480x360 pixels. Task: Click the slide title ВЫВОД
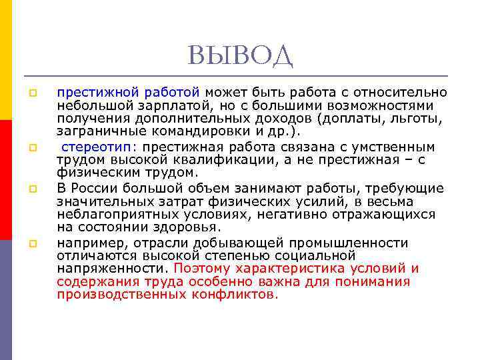pyautogui.click(x=240, y=56)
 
